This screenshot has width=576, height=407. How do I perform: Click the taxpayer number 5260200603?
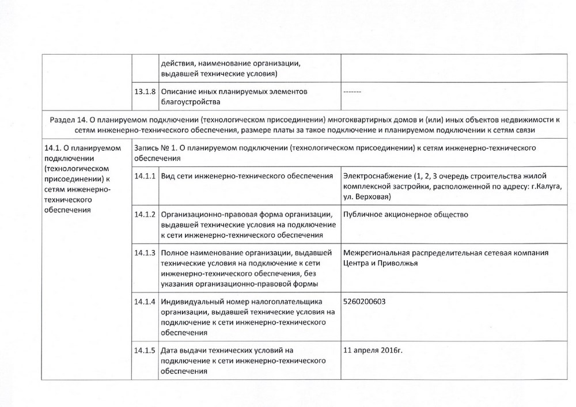pos(364,302)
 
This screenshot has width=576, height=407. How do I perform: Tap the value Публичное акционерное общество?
pos(406,215)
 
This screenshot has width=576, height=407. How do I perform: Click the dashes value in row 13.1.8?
pos(352,92)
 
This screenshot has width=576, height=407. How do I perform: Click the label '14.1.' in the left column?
pos(53,147)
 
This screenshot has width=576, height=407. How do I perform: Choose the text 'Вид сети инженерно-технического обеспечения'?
pos(247,176)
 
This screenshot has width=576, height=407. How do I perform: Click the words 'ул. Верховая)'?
pos(366,197)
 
